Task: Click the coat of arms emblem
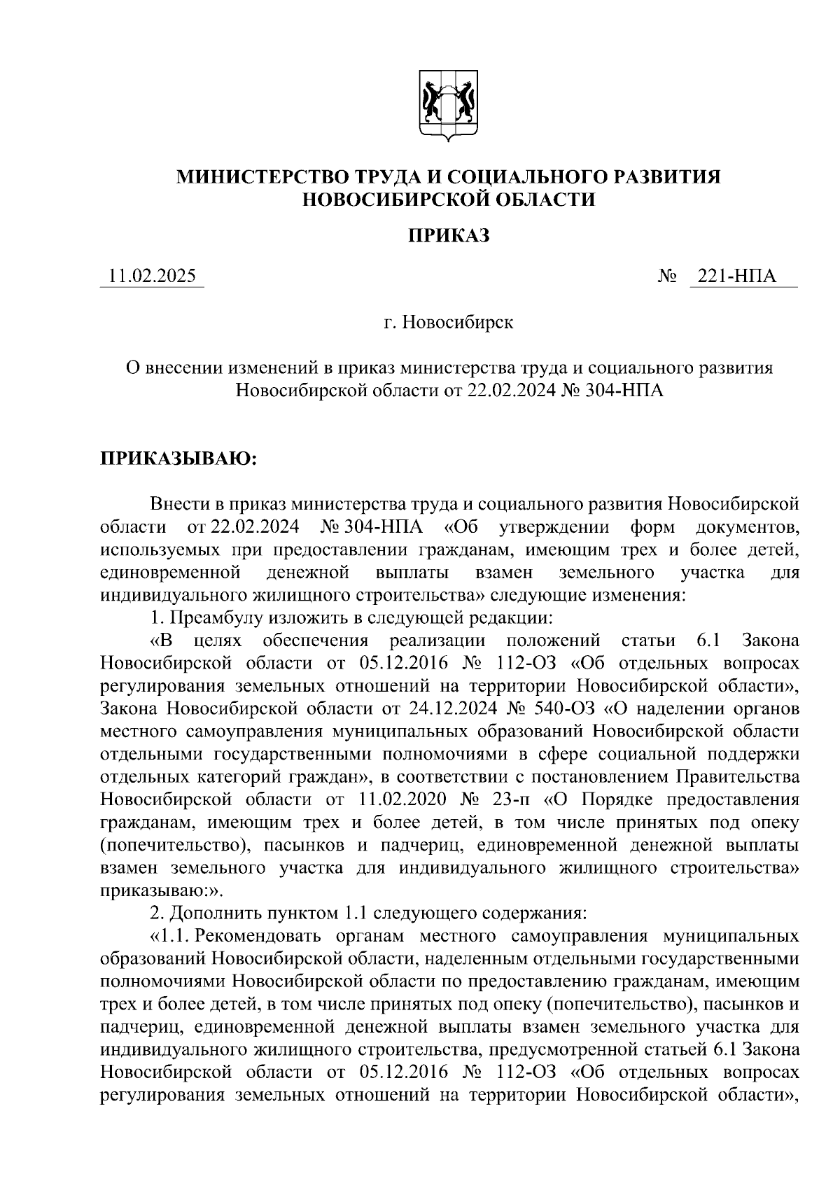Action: [x=449, y=106]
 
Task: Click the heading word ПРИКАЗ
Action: [x=449, y=236]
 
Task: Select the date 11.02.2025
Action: [x=151, y=277]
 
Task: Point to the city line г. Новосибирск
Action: [x=449, y=323]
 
